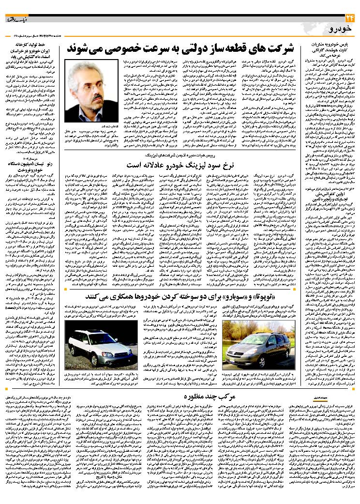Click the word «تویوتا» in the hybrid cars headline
(264, 296)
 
